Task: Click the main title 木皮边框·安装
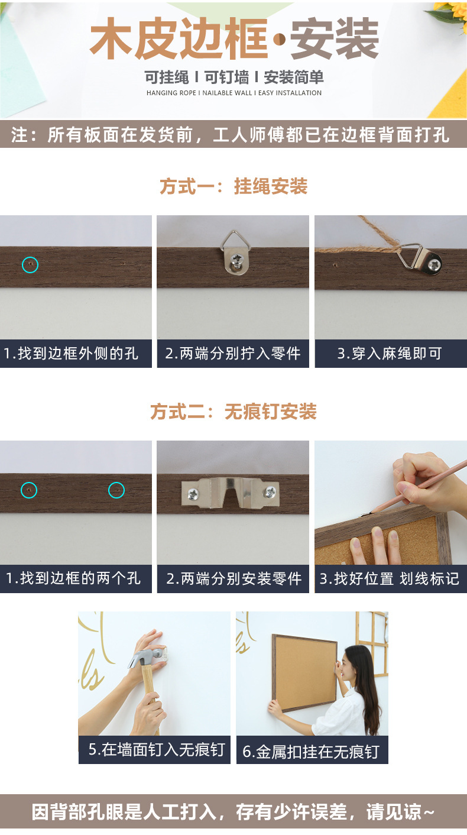pyautogui.click(x=234, y=38)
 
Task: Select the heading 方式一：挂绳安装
pyautogui.click(x=234, y=186)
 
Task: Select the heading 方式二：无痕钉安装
pyautogui.click(x=234, y=412)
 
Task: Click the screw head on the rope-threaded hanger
pyautogui.click(x=434, y=265)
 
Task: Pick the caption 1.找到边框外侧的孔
pyautogui.click(x=71, y=354)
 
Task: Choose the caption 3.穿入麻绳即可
pyautogui.click(x=390, y=354)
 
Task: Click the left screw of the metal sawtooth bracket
pyautogui.click(x=193, y=494)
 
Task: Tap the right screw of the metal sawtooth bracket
pyautogui.click(x=270, y=492)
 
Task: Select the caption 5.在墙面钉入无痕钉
pyautogui.click(x=157, y=749)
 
